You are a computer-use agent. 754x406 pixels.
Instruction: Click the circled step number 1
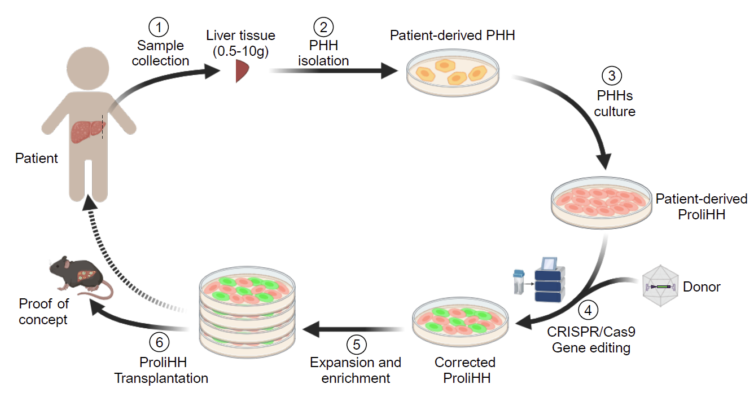pyautogui.click(x=159, y=26)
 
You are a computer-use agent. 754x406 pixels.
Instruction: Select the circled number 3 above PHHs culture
pyautogui.click(x=612, y=76)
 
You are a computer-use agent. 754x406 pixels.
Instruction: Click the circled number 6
pyautogui.click(x=161, y=343)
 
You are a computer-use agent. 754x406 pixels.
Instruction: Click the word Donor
pyautogui.click(x=702, y=287)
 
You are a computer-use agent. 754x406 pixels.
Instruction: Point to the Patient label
pyautogui.click(x=36, y=158)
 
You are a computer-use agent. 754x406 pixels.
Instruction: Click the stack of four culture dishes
pyautogui.click(x=248, y=310)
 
